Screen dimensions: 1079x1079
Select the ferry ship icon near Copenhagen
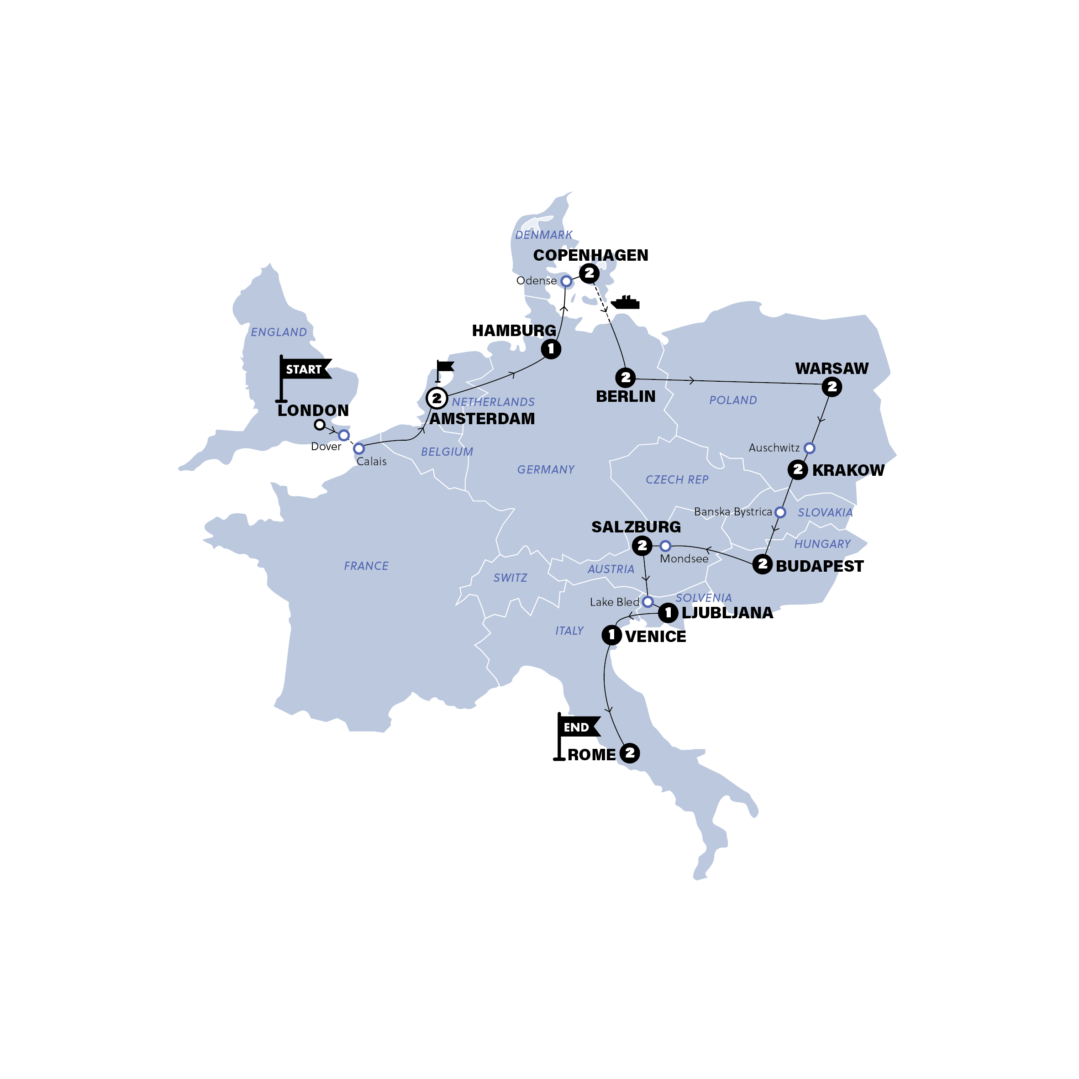coord(625,303)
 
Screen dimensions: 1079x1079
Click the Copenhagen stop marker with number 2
coord(589,273)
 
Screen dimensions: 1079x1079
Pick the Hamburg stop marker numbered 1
coord(551,349)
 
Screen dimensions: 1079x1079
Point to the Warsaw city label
coord(832,368)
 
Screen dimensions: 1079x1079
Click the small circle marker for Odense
coord(566,281)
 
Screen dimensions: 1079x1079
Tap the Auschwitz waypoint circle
coord(809,448)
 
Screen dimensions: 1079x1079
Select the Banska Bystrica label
coord(733,511)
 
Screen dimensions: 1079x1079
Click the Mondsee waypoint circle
coord(665,546)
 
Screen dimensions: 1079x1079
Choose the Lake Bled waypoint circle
coord(647,601)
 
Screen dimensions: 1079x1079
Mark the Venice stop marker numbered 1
coord(611,635)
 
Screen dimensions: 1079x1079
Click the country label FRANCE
coord(366,566)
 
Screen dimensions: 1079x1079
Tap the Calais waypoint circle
coord(359,448)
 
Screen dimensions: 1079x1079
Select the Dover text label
coord(326,447)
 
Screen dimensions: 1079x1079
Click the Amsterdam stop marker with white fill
coord(437,398)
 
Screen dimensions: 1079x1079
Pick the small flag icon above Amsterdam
coord(445,368)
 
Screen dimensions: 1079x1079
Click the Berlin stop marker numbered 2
coord(626,378)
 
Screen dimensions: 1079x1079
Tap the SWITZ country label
coord(510,578)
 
